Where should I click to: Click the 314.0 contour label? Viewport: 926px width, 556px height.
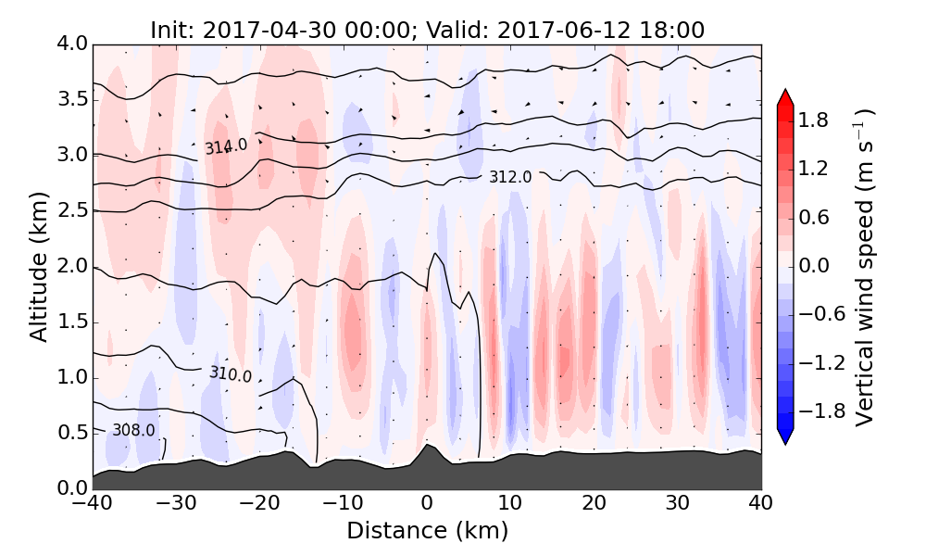click(226, 145)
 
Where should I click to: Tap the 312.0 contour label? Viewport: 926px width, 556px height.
click(510, 177)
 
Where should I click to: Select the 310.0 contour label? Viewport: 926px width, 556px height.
click(231, 374)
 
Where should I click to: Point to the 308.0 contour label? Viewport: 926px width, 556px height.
click(133, 430)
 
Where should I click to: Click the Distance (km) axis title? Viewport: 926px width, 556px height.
click(427, 531)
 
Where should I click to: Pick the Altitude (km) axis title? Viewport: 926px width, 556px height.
click(38, 265)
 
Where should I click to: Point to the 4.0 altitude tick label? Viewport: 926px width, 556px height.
click(71, 44)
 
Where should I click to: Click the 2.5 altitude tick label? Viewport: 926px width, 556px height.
click(71, 210)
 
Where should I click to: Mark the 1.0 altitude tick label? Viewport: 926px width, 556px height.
click(71, 377)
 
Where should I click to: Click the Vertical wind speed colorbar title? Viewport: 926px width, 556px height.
click(864, 266)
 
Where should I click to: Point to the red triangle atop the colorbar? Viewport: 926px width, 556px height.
click(785, 97)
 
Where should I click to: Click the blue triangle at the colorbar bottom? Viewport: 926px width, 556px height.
click(785, 436)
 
